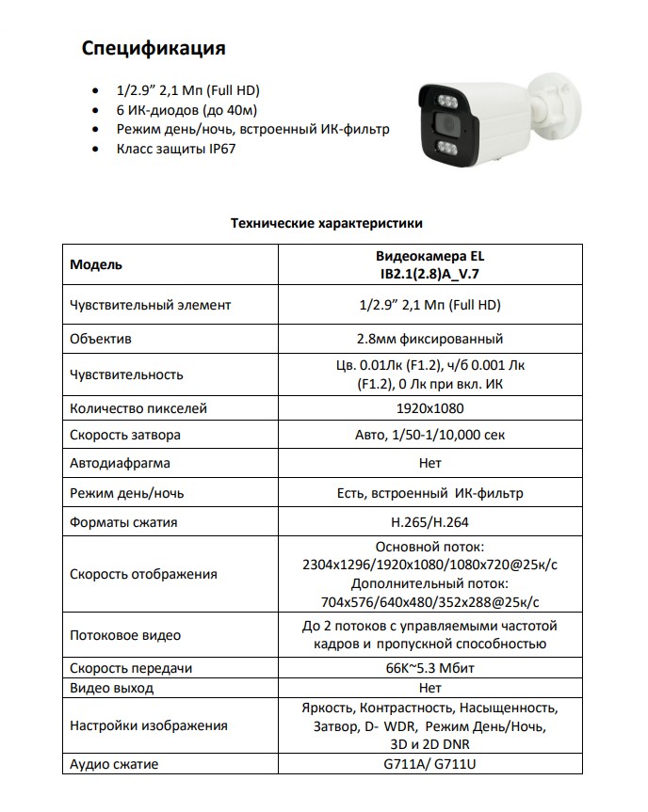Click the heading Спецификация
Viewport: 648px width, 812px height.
pos(153,47)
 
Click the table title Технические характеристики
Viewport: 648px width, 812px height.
pos(327,224)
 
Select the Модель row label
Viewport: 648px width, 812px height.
pos(96,264)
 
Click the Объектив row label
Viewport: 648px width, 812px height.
pos(101,339)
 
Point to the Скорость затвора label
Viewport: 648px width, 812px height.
pos(125,436)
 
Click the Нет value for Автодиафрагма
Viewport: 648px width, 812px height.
pos(429,464)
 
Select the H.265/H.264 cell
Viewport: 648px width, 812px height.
pos(429,522)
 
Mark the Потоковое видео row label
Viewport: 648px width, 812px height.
pos(125,635)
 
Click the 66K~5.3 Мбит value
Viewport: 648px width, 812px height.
pos(429,668)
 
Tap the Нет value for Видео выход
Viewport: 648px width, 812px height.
pos(429,688)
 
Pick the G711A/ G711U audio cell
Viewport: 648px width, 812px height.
pos(429,763)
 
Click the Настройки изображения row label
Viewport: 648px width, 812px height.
pos(148,725)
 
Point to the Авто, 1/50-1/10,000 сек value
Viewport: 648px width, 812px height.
pos(429,436)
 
